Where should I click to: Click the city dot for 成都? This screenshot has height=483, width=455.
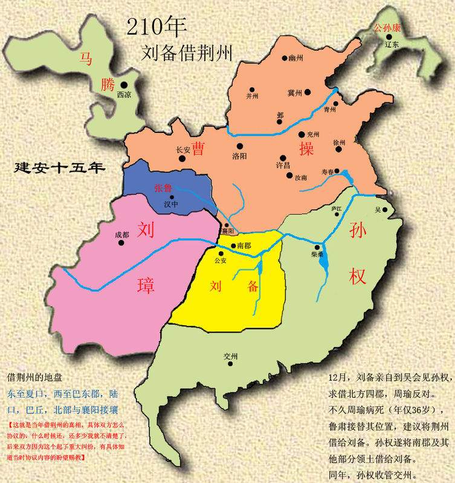pyautogui.click(x=121, y=243)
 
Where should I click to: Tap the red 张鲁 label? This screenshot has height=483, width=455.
pyautogui.click(x=163, y=188)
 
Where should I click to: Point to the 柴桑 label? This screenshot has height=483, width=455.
pyautogui.click(x=317, y=255)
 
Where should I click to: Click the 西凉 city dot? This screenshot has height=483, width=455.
pyautogui.click(x=124, y=85)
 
